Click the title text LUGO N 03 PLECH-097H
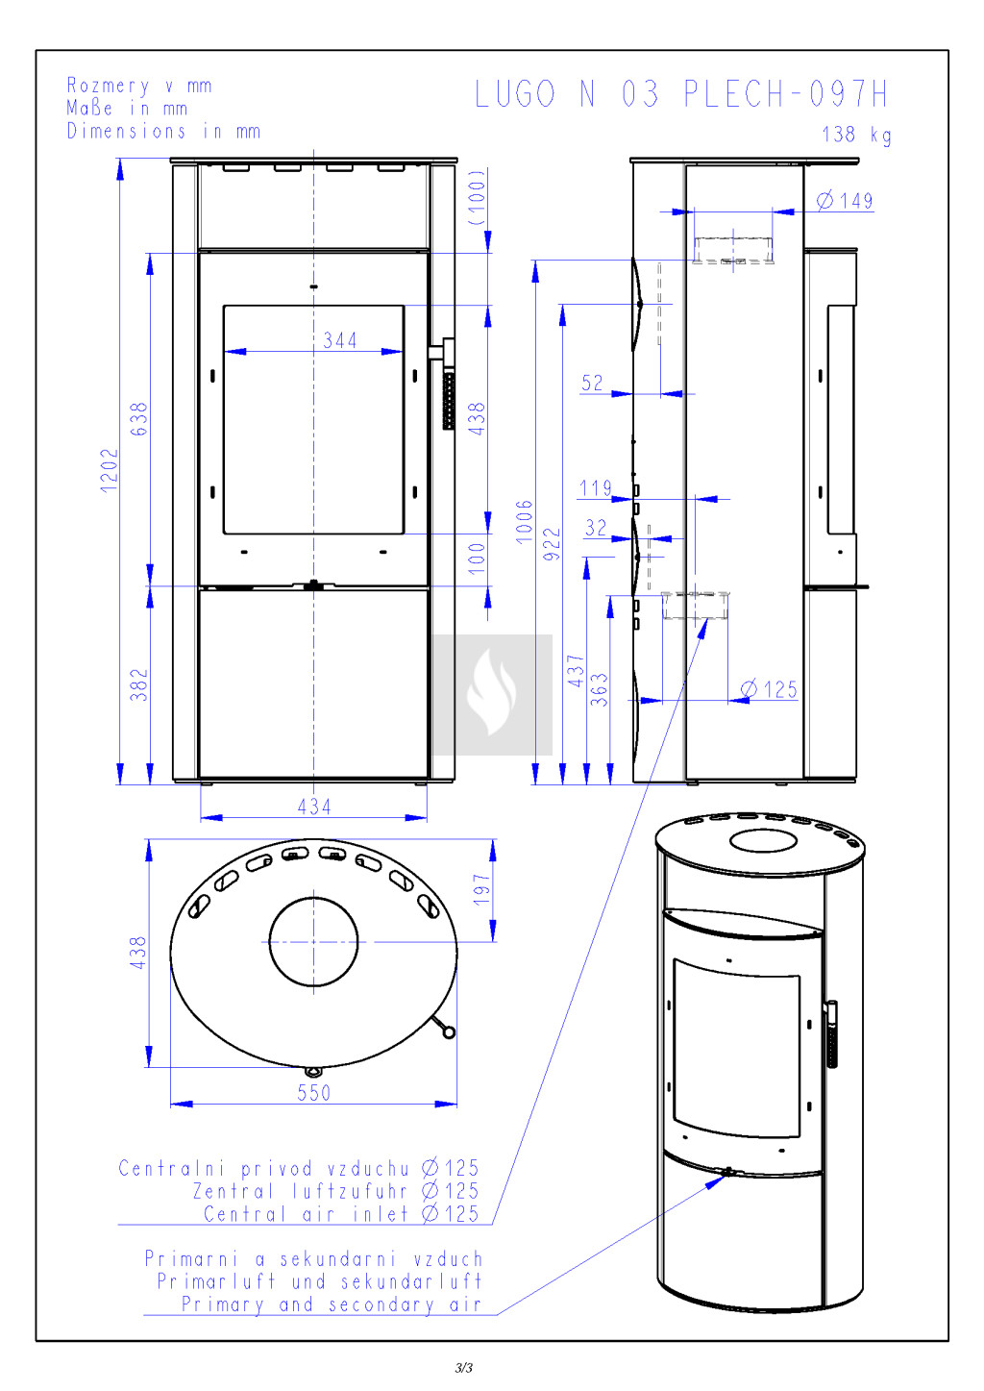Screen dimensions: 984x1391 [681, 94]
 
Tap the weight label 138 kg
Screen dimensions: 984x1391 [856, 135]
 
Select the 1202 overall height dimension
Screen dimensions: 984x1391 [110, 470]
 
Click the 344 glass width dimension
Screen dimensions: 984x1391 [339, 340]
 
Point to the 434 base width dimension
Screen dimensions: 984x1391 [314, 807]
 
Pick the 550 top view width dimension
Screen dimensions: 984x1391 [314, 1092]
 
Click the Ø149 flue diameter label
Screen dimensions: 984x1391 [845, 201]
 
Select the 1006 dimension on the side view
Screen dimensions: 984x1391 [525, 522]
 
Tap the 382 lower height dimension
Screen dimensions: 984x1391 [139, 684]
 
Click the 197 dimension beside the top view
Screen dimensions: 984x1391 [481, 889]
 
